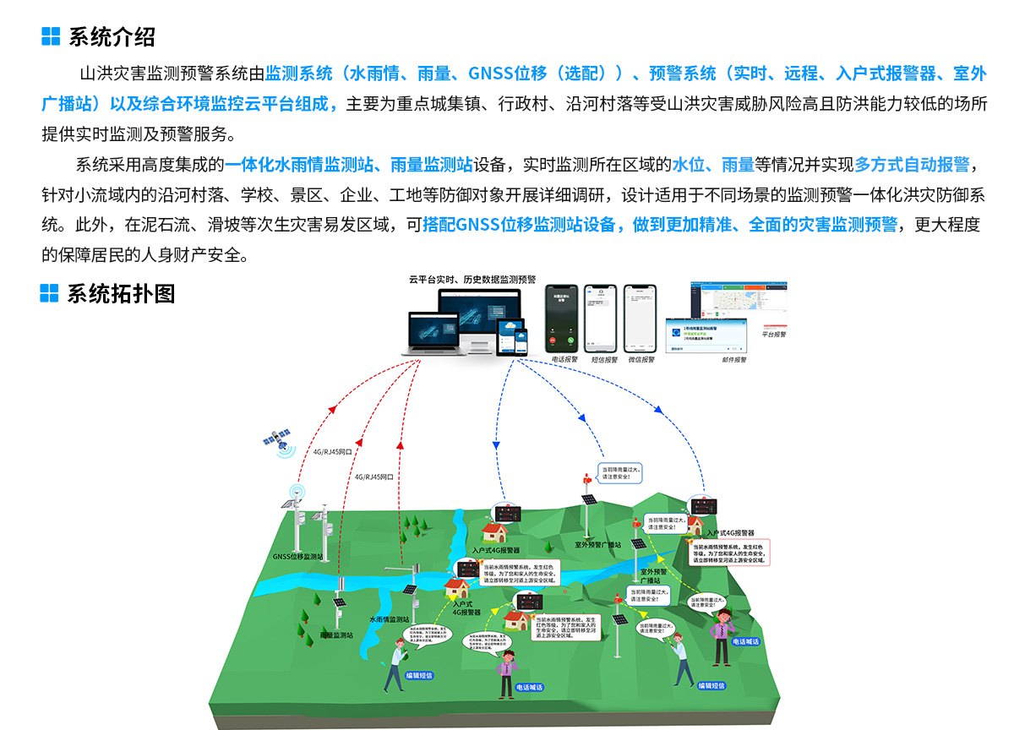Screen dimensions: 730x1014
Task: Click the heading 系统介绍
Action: [111, 36]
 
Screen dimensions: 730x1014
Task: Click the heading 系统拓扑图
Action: [121, 293]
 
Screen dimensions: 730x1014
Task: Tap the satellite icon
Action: [277, 439]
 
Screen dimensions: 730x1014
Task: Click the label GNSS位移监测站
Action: [297, 557]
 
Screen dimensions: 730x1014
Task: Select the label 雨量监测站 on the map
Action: [335, 635]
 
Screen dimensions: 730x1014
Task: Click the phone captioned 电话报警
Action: [561, 319]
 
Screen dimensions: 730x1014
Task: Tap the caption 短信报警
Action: [602, 359]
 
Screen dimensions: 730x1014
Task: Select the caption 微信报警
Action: [641, 359]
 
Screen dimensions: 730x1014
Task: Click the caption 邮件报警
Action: [733, 359]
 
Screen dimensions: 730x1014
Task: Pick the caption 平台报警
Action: [773, 335]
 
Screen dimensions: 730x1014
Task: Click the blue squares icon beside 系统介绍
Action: [51, 36]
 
